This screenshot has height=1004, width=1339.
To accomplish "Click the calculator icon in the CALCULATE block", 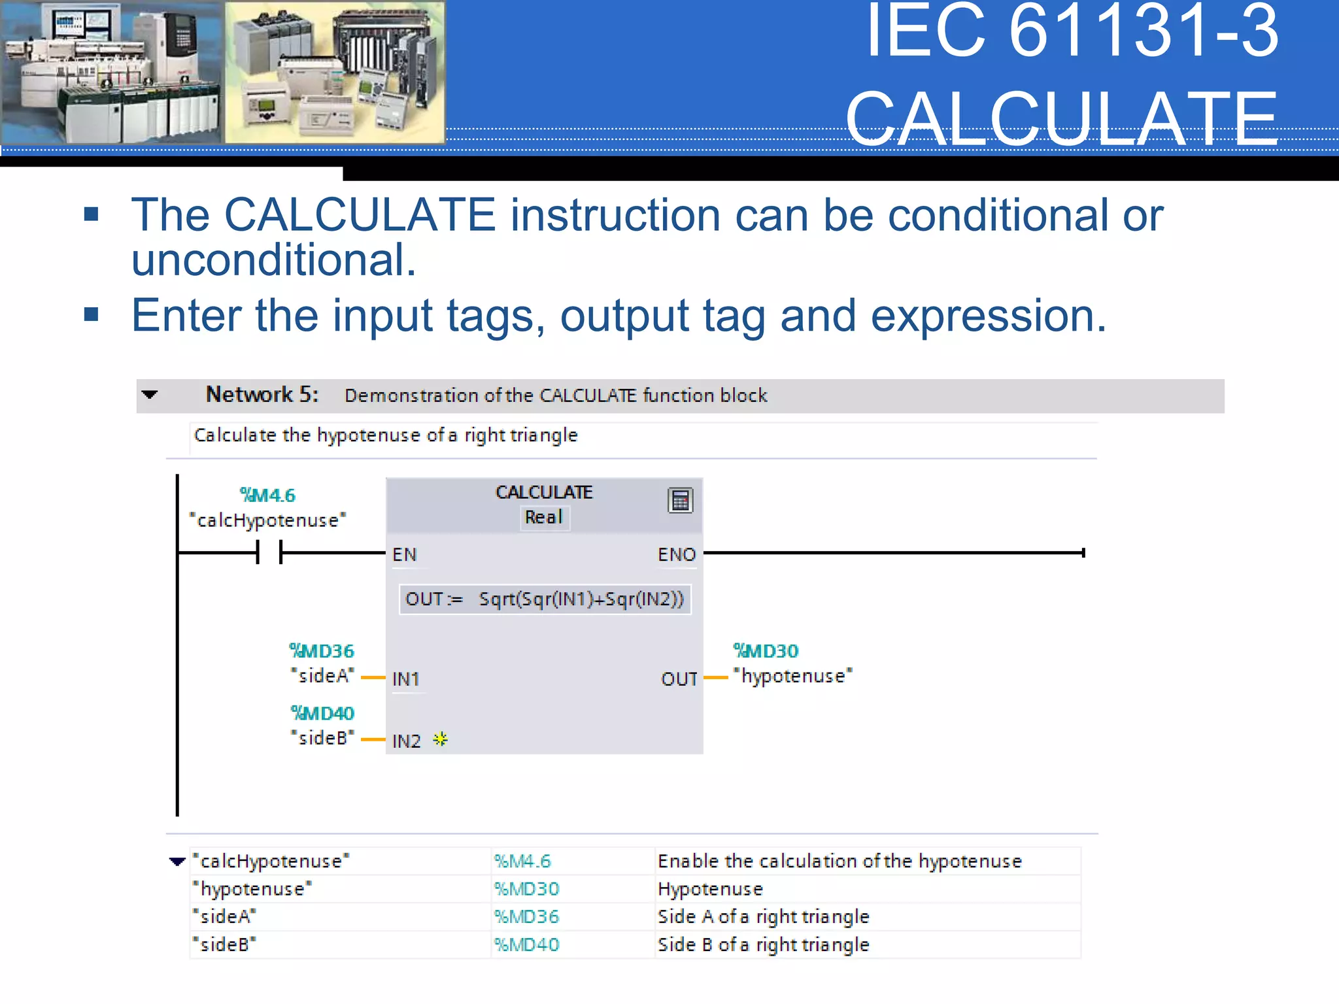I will [680, 501].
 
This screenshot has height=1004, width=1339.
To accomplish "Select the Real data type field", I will [544, 518].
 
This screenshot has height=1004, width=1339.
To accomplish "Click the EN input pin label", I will [404, 555].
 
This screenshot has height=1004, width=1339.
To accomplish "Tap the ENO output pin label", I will [676, 555].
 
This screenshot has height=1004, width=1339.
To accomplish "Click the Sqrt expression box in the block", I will [545, 599].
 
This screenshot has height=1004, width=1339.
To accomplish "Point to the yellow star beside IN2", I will [441, 740].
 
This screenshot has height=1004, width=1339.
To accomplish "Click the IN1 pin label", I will [405, 679].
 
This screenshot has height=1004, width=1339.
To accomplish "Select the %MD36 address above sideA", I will [322, 651].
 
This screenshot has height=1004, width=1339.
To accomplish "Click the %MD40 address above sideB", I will [322, 713].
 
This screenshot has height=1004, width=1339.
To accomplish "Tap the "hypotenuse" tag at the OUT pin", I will [792, 677].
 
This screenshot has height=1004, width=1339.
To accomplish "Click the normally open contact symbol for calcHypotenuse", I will [269, 553].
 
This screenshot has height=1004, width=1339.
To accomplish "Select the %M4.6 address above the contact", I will [267, 495].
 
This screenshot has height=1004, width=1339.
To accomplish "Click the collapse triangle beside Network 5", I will [150, 395].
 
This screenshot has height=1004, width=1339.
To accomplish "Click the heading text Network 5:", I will [262, 395].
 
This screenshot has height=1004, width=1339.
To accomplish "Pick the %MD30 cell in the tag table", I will [527, 889].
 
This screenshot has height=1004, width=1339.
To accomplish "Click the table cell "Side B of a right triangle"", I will [763, 945].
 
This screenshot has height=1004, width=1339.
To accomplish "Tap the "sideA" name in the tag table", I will [224, 917].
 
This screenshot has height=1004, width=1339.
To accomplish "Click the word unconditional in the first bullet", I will [274, 260].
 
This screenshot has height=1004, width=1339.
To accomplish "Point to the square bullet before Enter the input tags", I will [92, 315].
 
